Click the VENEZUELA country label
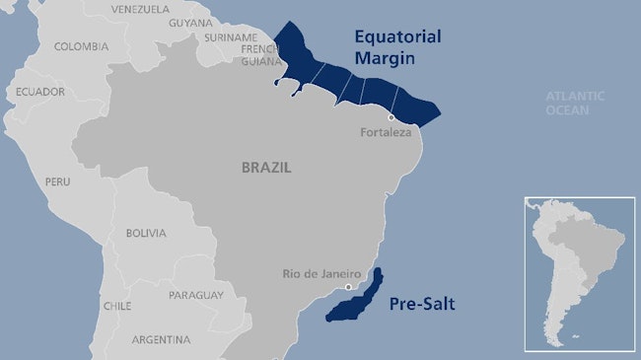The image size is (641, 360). point(141,9)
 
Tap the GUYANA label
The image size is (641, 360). point(190,23)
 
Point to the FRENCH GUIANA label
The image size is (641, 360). point(260,53)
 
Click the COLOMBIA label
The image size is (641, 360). point(81,46)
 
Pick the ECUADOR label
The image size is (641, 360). point(40,92)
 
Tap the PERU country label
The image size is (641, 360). point(57,182)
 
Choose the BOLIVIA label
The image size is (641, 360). point(146,234)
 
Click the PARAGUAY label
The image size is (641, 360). point(196,295)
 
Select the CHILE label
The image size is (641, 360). point(117,306)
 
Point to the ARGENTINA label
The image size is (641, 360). point(161,339)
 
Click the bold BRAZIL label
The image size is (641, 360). point(266,168)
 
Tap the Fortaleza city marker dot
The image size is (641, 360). point(392,117)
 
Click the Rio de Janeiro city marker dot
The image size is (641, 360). point(347,288)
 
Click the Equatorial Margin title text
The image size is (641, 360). point(398,47)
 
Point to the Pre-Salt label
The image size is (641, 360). point(423,303)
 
